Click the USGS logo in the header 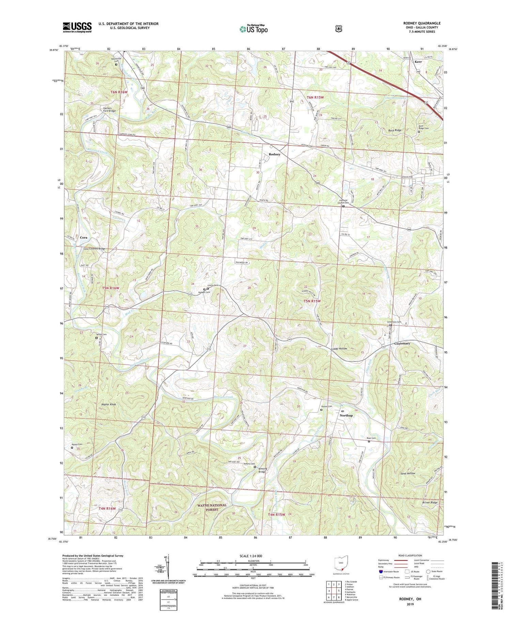coord(77,27)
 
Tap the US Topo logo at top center coord(253,29)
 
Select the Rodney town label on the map coord(275,154)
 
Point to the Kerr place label coord(418,62)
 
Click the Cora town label coord(83,238)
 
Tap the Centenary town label coord(402,343)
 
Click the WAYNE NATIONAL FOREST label coord(212,507)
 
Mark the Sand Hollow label coord(408,473)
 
